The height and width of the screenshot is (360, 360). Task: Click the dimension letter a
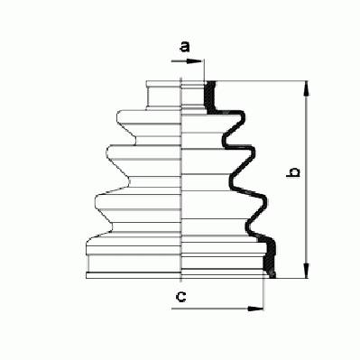coord(185,47)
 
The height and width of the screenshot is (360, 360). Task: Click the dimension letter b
coord(293,172)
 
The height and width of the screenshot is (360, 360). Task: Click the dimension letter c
coord(180,297)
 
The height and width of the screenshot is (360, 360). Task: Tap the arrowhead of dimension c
coord(255,309)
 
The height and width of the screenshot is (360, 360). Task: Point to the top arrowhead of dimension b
coord(306,88)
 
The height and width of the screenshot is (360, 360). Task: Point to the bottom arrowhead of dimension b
coord(306,271)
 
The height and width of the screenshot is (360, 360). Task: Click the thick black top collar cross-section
coord(210,97)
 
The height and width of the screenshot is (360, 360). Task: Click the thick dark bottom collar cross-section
coord(270,258)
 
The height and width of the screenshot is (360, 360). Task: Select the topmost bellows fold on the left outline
coord(126,125)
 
